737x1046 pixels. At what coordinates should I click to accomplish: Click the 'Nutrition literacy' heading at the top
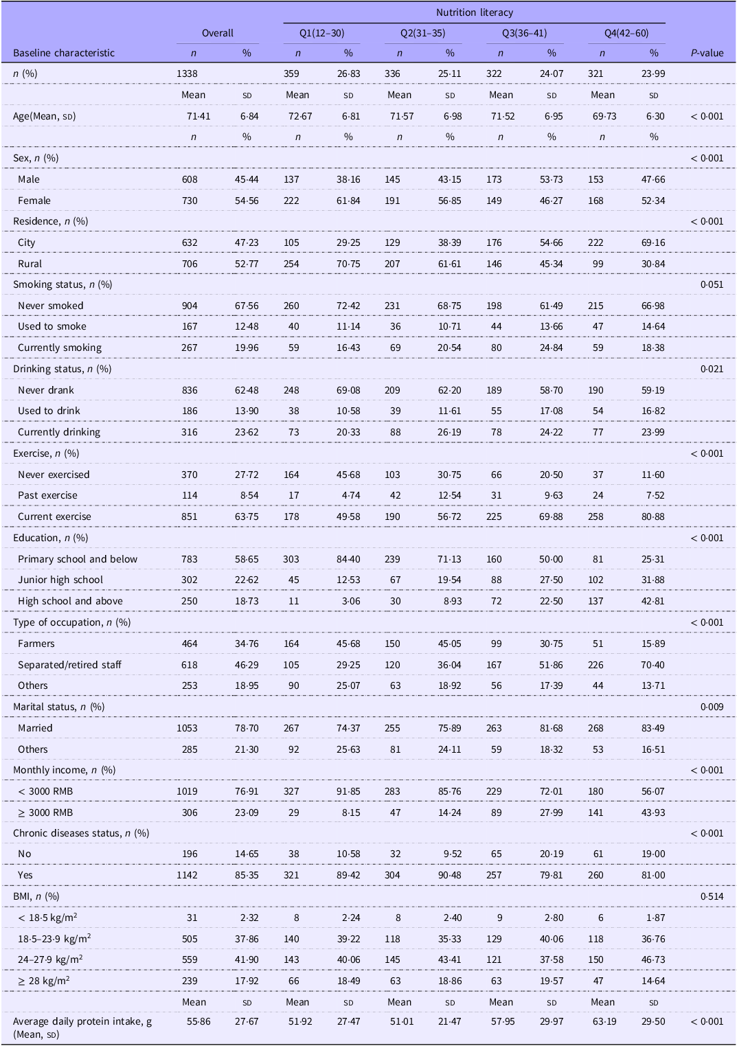click(x=474, y=12)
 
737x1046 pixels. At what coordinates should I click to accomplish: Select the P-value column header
click(x=707, y=53)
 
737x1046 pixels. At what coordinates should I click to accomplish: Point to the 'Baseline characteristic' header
click(x=64, y=53)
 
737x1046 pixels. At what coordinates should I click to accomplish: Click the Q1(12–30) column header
click(x=321, y=33)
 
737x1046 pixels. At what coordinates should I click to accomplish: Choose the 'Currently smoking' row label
click(x=60, y=348)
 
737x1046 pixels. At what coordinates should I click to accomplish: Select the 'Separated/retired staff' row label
click(x=69, y=664)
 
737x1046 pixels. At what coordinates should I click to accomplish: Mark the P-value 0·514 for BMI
click(x=712, y=896)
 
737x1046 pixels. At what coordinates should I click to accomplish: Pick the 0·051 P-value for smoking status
click(x=712, y=284)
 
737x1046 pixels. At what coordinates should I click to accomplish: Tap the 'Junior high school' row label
click(x=60, y=580)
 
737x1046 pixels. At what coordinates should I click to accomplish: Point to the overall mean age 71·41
click(x=199, y=116)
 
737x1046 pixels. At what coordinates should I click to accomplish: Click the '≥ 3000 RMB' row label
click(x=45, y=812)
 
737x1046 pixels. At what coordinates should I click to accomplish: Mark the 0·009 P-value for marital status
click(x=712, y=707)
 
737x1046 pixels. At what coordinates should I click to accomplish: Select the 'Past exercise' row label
click(x=47, y=495)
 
